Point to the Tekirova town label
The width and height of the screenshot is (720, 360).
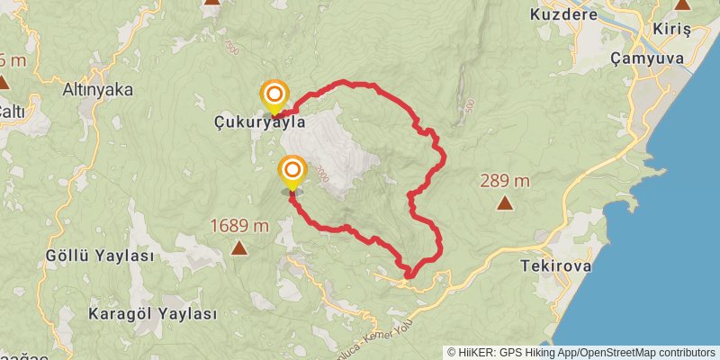click(553, 266)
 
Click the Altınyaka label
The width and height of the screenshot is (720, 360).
click(98, 89)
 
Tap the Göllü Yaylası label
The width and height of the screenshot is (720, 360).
click(99, 256)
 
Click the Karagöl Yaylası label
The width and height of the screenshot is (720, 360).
click(153, 314)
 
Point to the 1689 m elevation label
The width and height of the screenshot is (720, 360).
click(239, 226)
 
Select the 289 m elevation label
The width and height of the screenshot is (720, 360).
click(504, 181)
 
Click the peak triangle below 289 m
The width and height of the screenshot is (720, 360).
click(505, 202)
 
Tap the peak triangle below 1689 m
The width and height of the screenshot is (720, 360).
click(239, 247)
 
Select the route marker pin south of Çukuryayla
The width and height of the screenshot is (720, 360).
click(292, 172)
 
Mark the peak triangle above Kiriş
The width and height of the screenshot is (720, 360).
click(682, 4)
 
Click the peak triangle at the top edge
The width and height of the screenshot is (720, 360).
click(211, 2)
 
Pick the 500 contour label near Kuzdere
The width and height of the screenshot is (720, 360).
click(470, 105)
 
